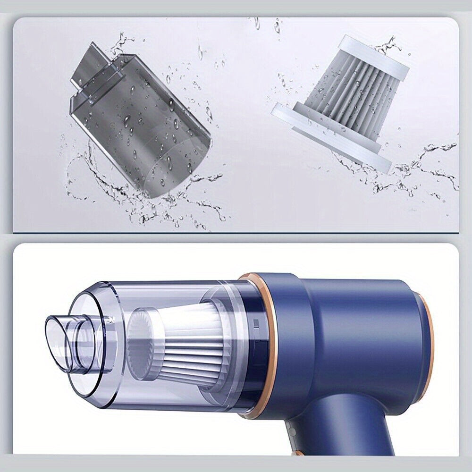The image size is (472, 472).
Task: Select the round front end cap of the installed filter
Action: click(x=142, y=340)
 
